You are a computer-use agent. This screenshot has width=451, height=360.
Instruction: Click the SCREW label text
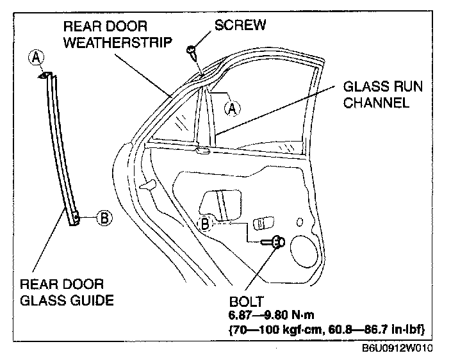click(240, 25)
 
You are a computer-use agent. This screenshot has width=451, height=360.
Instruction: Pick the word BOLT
click(243, 300)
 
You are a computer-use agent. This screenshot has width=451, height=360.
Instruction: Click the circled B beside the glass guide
click(104, 218)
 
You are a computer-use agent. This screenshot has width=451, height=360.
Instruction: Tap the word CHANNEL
click(377, 102)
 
